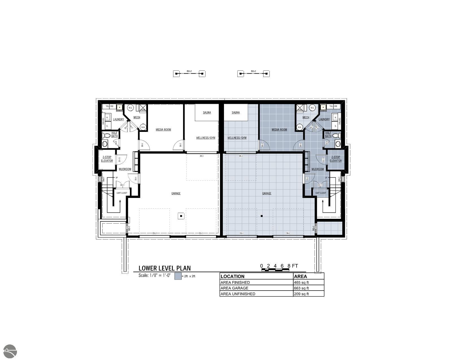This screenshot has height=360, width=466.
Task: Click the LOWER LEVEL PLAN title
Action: [164, 268]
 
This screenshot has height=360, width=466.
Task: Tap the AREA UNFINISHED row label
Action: [238, 294]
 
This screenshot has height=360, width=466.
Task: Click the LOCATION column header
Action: [232, 276]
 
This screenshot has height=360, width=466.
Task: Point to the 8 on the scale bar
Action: [289, 266]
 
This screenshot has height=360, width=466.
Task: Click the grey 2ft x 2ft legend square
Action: [178, 276]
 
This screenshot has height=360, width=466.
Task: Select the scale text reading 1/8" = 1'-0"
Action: [154, 275]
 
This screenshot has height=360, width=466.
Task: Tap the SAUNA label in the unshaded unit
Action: [207, 113]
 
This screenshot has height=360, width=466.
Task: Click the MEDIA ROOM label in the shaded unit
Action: [279, 130]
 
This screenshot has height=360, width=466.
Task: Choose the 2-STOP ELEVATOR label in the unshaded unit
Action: [107, 159]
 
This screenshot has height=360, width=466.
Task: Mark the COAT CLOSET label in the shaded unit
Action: [321, 193]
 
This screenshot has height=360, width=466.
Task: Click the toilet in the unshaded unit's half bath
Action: [106, 136]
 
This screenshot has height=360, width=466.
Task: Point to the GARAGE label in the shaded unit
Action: [267, 193]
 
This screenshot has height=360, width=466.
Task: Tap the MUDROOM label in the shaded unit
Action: [317, 169]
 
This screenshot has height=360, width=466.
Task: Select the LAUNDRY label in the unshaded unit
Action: [118, 119]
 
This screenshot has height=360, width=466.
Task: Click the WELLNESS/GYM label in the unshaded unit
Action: [206, 138]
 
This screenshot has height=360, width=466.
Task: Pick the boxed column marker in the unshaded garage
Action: [181, 216]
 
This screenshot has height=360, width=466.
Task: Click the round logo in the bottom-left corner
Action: [9, 352]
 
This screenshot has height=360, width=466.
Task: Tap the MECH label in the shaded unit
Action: [306, 117]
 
